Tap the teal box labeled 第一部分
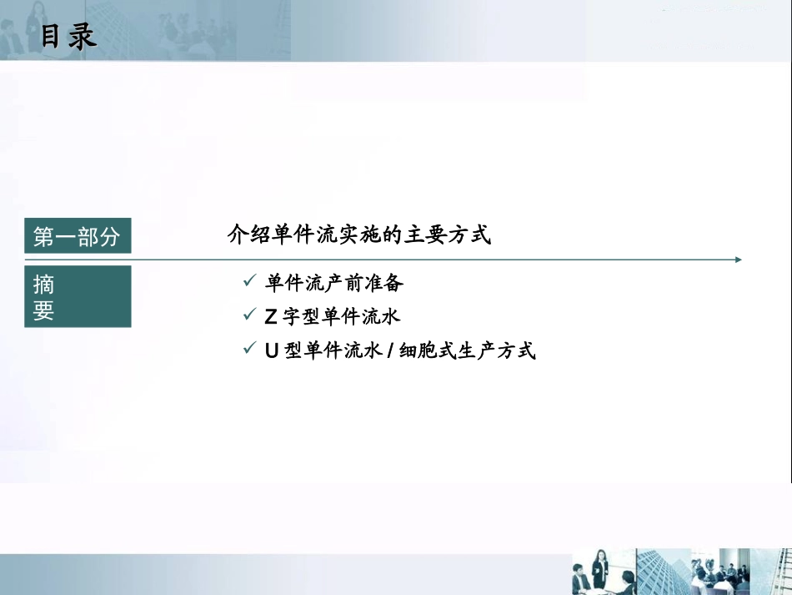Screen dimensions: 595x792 pos(78,238)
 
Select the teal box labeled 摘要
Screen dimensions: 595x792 pos(78,296)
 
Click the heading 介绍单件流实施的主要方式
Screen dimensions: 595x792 pos(359,235)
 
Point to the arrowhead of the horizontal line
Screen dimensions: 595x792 pos(738,260)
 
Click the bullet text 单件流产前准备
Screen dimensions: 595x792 pos(334,284)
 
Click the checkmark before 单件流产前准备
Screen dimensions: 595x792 pos(248,283)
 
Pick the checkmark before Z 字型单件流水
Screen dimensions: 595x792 pos(248,316)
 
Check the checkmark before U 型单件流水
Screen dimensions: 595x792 pos(248,350)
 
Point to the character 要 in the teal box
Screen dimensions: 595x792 pos(44,310)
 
